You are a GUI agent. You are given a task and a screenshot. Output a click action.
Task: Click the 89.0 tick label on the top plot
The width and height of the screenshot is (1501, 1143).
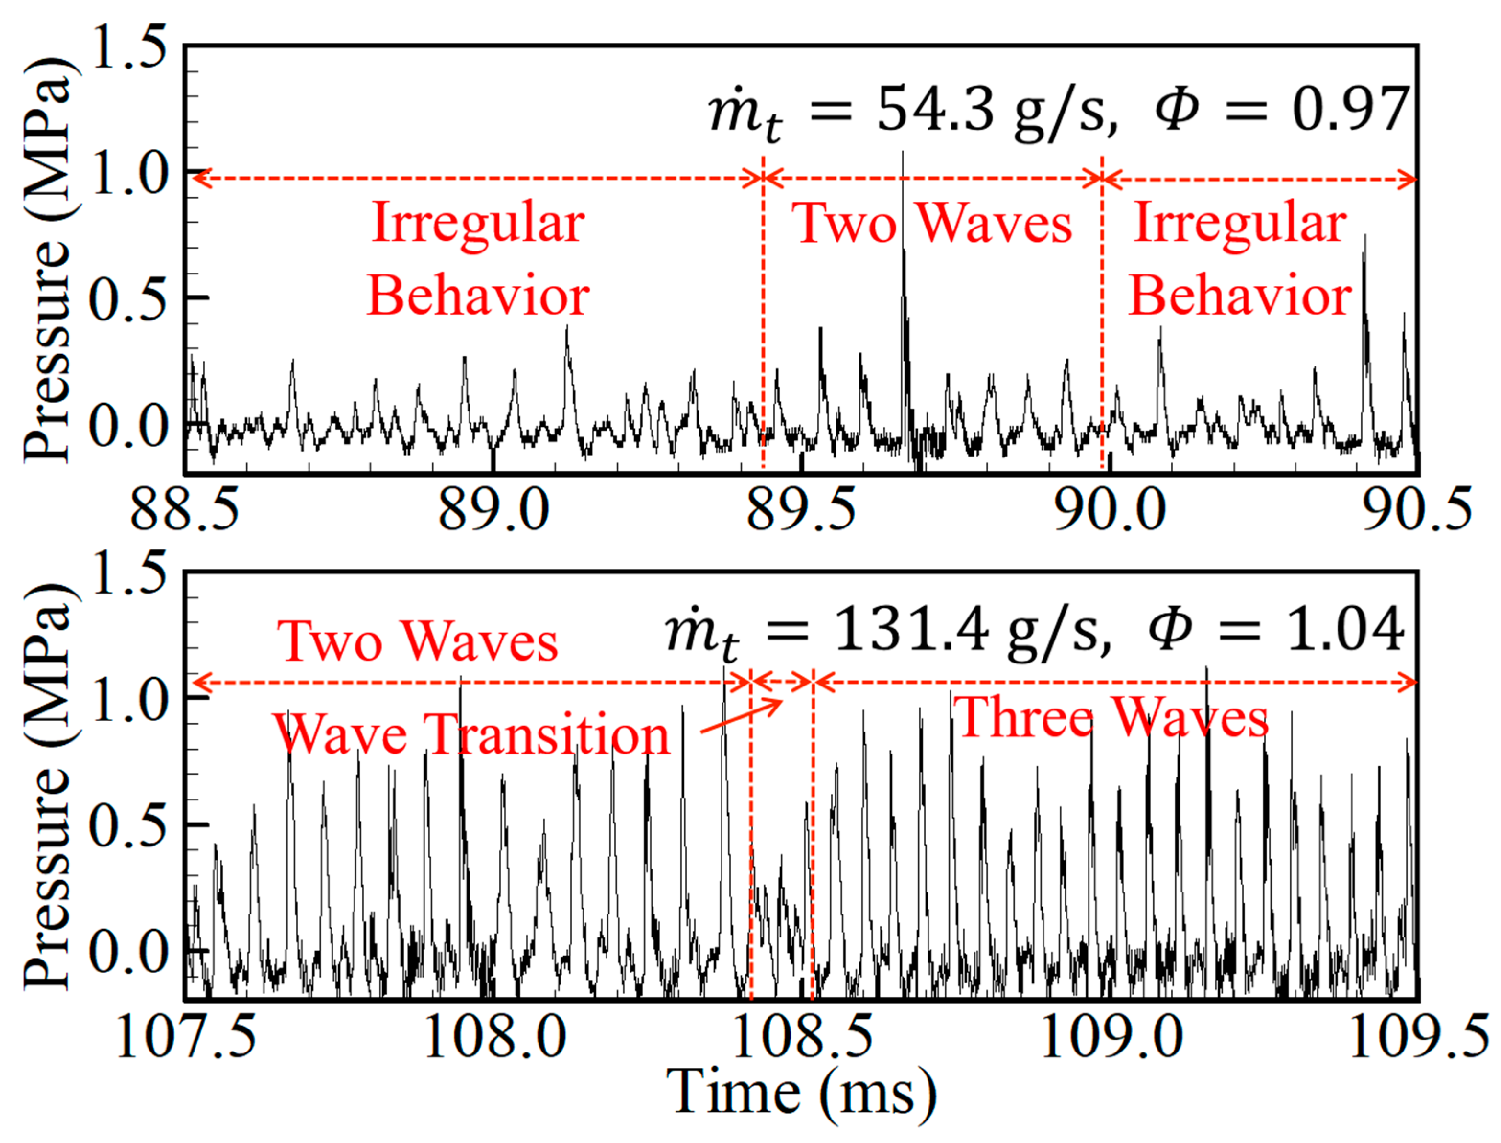pyautogui.click(x=493, y=510)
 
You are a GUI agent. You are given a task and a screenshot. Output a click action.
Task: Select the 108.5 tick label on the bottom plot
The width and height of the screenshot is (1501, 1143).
pyautogui.click(x=803, y=1036)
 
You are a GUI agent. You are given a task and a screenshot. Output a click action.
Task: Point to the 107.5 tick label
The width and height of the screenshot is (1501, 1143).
pyautogui.click(x=186, y=1036)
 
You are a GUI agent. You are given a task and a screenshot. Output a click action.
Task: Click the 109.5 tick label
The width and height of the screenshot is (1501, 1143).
pyautogui.click(x=1419, y=1036)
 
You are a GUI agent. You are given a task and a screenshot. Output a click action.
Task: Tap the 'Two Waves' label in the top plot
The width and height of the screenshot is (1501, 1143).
pyautogui.click(x=932, y=223)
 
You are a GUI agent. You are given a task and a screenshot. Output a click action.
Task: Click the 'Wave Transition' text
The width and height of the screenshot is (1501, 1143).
pyautogui.click(x=471, y=735)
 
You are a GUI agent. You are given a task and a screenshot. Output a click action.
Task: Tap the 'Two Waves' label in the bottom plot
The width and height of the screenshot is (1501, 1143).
pyautogui.click(x=417, y=641)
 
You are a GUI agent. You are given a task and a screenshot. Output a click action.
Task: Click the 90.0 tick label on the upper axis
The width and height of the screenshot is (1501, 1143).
pyautogui.click(x=1110, y=510)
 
